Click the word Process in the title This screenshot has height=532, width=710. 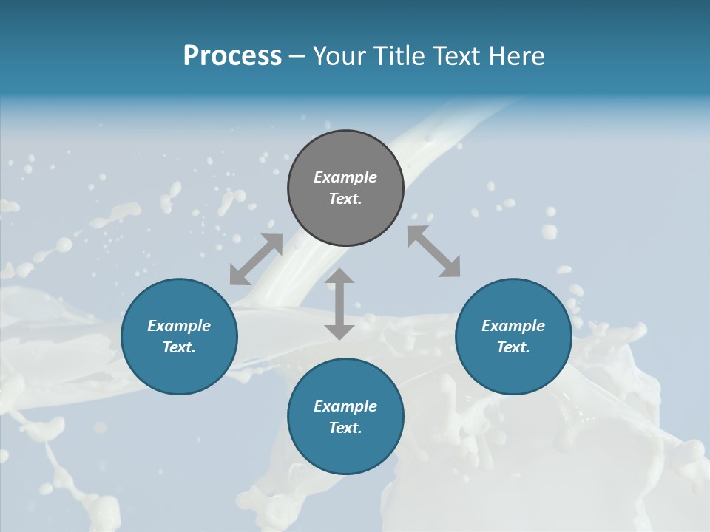point(232,56)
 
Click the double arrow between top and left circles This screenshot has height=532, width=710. point(256,259)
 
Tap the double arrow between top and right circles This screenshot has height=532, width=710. point(434,252)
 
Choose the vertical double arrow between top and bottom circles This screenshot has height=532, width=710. point(339,304)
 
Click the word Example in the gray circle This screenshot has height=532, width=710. point(345,177)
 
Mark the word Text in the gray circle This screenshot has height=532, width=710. point(344,199)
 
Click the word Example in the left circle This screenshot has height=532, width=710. point(179,326)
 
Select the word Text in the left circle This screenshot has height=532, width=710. point(177,347)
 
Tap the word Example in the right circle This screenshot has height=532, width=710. point(513,326)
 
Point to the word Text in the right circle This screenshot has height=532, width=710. point(512,347)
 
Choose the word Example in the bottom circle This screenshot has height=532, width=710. point(345,406)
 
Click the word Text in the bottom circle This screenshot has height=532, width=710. point(344,428)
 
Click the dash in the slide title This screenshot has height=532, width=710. point(297,56)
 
